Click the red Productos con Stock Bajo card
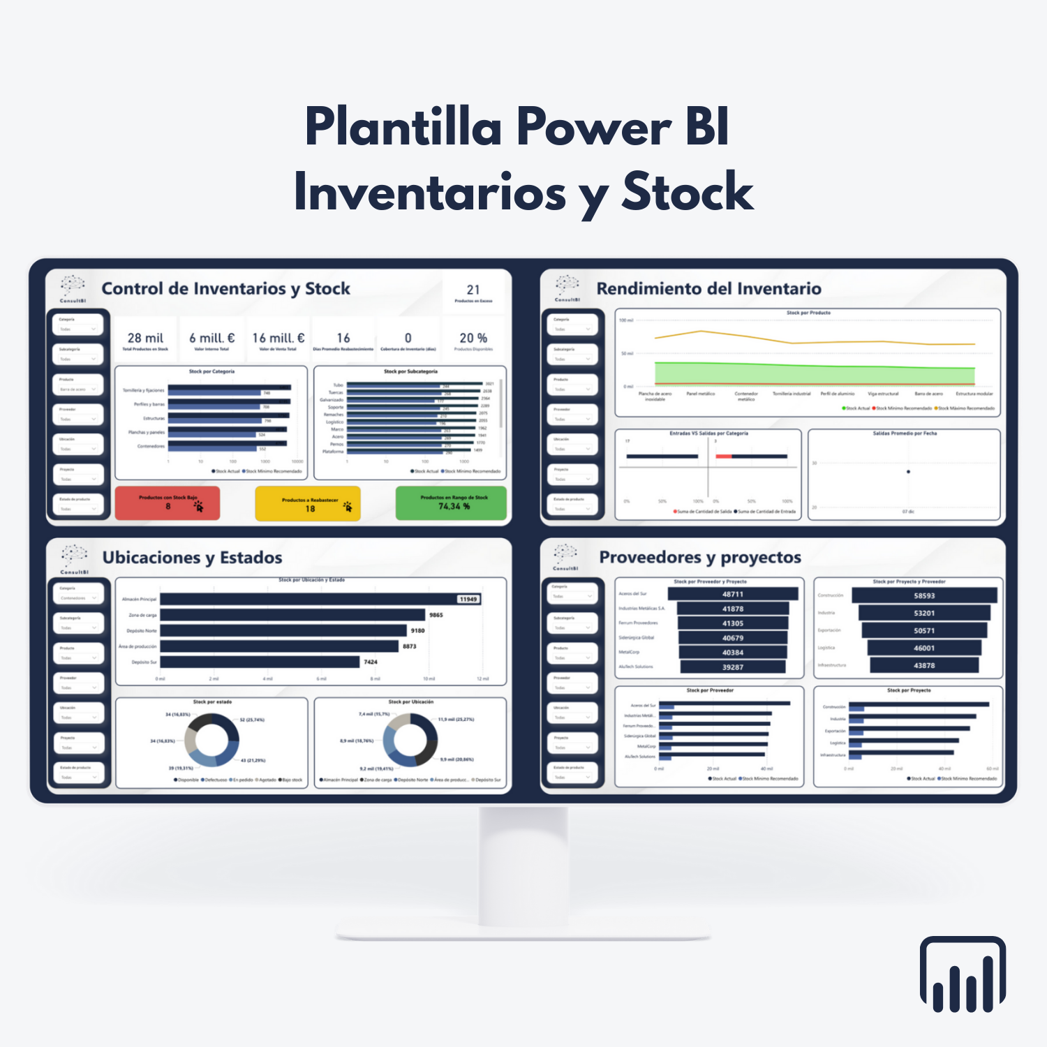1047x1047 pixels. pyautogui.click(x=168, y=503)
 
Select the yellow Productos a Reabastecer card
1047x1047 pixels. pyautogui.click(x=308, y=503)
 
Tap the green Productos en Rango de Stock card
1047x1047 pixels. pyautogui.click(x=451, y=503)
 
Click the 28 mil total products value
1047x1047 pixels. pyautogui.click(x=145, y=338)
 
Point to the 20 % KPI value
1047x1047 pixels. pyautogui.click(x=473, y=338)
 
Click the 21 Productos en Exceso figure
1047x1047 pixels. pyautogui.click(x=473, y=290)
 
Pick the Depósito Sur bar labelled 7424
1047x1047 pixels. pyautogui.click(x=260, y=662)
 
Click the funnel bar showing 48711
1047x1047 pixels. pyautogui.click(x=733, y=594)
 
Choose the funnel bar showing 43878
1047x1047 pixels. pyautogui.click(x=924, y=665)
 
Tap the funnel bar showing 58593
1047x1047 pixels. pyautogui.click(x=924, y=595)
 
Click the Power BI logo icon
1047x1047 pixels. pyautogui.click(x=963, y=974)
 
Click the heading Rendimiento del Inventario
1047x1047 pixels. pyautogui.click(x=708, y=289)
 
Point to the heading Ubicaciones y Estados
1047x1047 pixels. pyautogui.click(x=192, y=558)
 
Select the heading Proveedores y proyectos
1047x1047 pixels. pyautogui.click(x=700, y=557)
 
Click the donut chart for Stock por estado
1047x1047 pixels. pyautogui.click(x=211, y=740)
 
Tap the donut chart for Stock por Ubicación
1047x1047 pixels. pyautogui.click(x=410, y=740)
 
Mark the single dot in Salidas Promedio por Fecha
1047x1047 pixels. pyautogui.click(x=908, y=472)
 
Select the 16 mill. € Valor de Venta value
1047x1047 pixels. pyautogui.click(x=278, y=338)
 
